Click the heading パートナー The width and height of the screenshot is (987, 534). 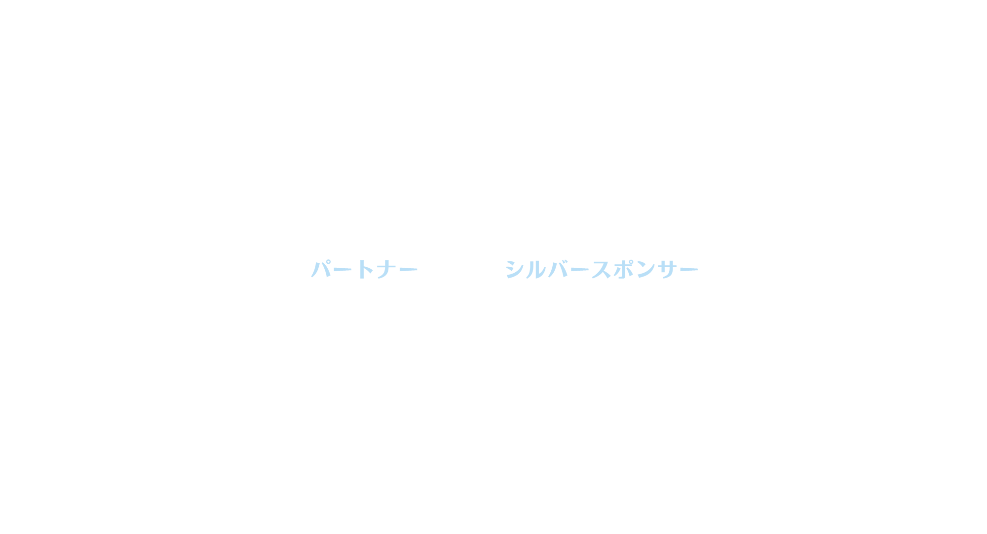click(x=364, y=269)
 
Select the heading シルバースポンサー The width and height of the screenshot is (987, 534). click(x=602, y=269)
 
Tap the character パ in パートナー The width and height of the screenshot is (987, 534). click(x=321, y=269)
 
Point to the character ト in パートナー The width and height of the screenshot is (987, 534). click(x=364, y=269)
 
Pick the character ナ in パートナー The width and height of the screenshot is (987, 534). click(x=387, y=269)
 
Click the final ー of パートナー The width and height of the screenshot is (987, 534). click(x=408, y=270)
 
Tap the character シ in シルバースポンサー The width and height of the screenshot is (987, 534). click(x=514, y=270)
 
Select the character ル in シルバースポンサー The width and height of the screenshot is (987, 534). click(x=536, y=269)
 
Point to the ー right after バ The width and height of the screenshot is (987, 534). click(x=580, y=270)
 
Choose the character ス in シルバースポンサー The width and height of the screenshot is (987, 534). click(x=602, y=270)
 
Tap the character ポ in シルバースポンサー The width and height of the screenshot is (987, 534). click(x=623, y=269)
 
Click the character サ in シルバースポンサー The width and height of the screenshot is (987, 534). click(x=667, y=269)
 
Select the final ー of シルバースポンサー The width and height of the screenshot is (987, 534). click(x=689, y=270)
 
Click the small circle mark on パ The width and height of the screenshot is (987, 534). click(x=328, y=262)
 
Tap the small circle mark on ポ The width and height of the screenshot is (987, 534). click(x=631, y=262)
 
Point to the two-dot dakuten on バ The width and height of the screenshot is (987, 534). click(x=565, y=262)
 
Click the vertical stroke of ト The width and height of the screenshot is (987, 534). click(x=362, y=269)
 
